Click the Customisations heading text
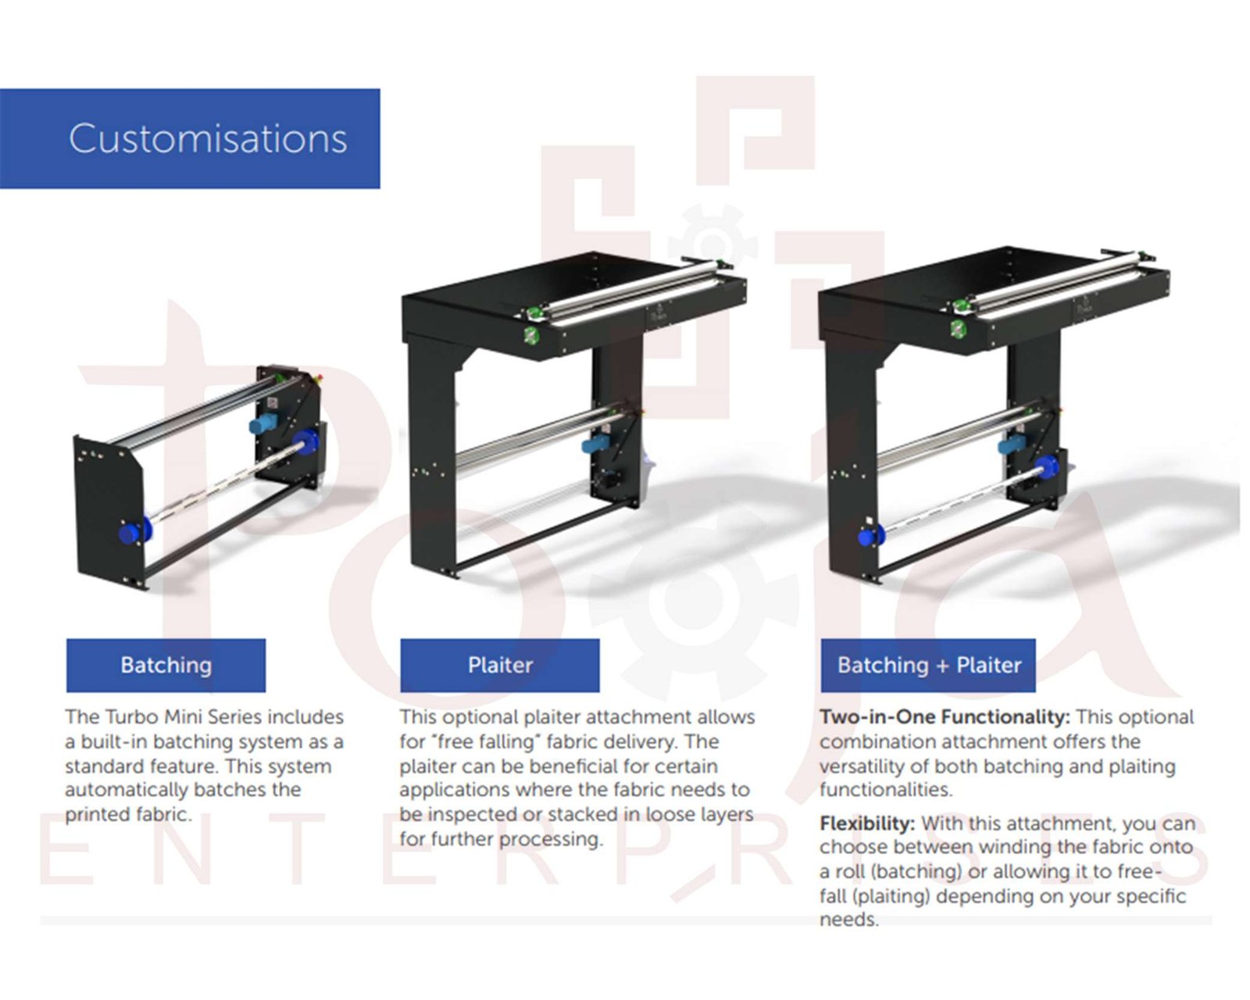click(x=208, y=139)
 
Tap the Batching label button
click(x=166, y=666)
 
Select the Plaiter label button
click(x=501, y=666)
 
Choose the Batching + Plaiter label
click(x=929, y=666)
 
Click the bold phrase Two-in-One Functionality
click(x=945, y=717)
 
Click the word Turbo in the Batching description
click(x=132, y=717)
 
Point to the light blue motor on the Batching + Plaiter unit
click(x=1014, y=445)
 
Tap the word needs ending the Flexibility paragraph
click(x=848, y=920)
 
